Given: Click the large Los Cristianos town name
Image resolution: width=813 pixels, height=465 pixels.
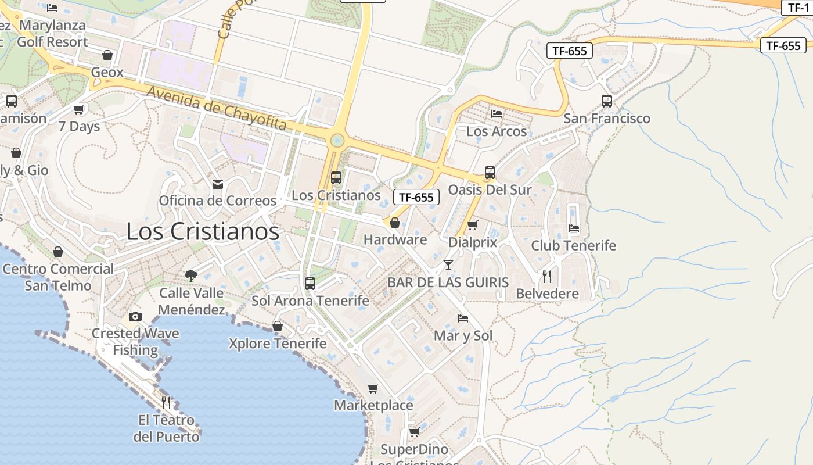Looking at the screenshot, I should pyautogui.click(x=203, y=231).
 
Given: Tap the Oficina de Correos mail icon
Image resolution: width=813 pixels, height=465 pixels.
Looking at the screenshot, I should pyautogui.click(x=218, y=184).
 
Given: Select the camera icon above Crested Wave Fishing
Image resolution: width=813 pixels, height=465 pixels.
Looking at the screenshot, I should pyautogui.click(x=135, y=316).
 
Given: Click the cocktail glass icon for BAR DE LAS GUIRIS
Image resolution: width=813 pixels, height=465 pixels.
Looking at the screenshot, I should pyautogui.click(x=448, y=265).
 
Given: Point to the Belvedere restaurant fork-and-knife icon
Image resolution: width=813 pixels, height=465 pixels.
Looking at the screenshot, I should pyautogui.click(x=547, y=276).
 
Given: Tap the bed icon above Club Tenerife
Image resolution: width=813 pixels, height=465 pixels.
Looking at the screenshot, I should pyautogui.click(x=574, y=228).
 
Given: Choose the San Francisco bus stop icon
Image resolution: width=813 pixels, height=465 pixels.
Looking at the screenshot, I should pyautogui.click(x=607, y=101).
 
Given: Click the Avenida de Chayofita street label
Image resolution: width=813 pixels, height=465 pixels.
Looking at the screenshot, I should pyautogui.click(x=217, y=108).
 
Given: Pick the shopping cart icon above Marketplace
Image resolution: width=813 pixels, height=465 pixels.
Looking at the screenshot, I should pyautogui.click(x=373, y=388).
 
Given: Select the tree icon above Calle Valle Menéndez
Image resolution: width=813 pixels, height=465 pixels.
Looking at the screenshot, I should pyautogui.click(x=191, y=276).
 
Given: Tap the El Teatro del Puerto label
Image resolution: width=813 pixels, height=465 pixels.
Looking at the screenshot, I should pyautogui.click(x=166, y=428).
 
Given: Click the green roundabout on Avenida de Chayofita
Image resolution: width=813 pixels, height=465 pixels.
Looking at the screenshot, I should pyautogui.click(x=337, y=140).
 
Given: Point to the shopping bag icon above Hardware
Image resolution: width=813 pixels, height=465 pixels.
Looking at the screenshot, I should pyautogui.click(x=395, y=223).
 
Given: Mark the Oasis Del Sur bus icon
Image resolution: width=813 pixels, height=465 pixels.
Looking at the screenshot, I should pyautogui.click(x=490, y=173).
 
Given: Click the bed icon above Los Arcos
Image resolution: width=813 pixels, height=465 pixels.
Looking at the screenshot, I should pyautogui.click(x=497, y=114).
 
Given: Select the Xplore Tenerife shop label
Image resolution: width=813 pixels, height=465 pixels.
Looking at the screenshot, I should pyautogui.click(x=278, y=344).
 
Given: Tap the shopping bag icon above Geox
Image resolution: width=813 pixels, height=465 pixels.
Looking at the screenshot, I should pyautogui.click(x=107, y=56).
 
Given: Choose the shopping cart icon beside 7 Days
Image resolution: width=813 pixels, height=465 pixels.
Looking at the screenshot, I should pyautogui.click(x=79, y=109).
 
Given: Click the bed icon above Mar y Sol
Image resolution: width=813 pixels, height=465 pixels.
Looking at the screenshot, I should pyautogui.click(x=463, y=319).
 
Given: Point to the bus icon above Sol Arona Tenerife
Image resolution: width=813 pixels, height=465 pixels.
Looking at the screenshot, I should pyautogui.click(x=310, y=284).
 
